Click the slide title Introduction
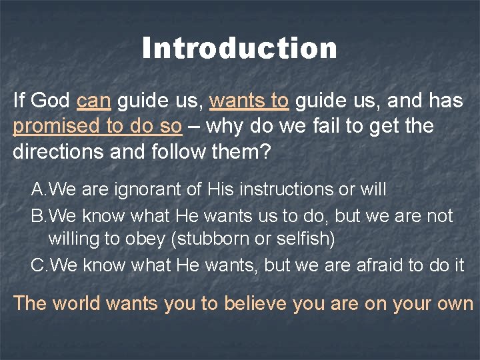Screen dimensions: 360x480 coord(239,49)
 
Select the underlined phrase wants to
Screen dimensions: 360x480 coord(249,101)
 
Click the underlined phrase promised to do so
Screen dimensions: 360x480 coord(97,126)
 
